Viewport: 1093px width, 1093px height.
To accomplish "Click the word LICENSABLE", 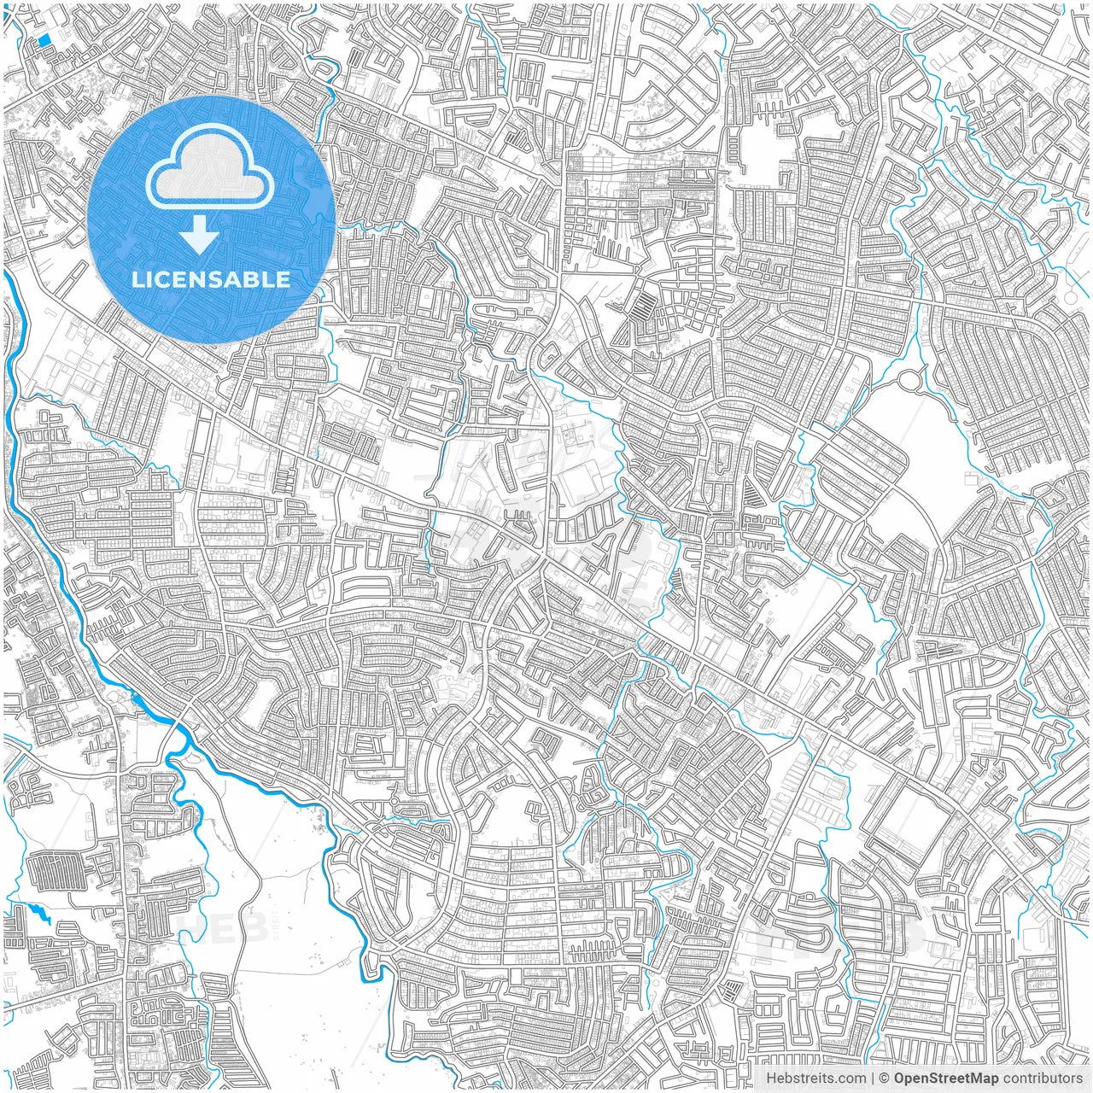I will point(211,279).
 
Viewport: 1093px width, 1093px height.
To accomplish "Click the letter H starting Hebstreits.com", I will point(770,1078).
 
